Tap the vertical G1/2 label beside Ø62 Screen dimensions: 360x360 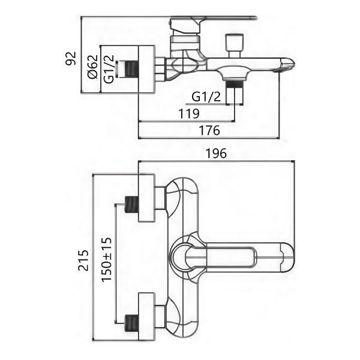pos(109,67)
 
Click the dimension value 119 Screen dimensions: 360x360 pos(189,113)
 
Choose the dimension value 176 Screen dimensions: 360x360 pos(209,130)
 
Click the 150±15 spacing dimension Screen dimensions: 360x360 pos(107,259)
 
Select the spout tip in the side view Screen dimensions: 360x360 pos(286,65)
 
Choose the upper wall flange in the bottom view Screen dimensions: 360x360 pos(147,199)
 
